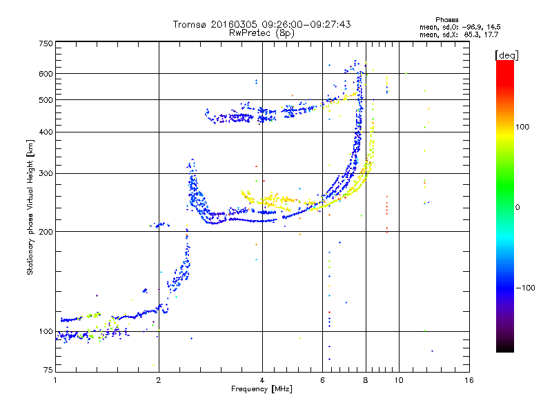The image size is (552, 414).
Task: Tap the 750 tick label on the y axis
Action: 46,43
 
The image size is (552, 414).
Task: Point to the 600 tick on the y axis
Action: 46,73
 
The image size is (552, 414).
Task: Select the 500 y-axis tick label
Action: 46,99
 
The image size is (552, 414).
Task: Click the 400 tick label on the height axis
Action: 46,132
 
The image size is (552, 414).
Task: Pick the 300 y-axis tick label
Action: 46,173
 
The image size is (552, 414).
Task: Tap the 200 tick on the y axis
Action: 46,231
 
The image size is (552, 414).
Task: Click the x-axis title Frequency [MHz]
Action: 261,390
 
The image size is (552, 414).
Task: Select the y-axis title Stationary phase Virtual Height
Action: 30,207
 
